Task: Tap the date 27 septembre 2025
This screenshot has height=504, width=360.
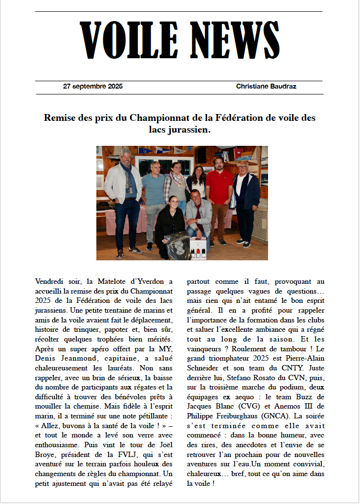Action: click(x=93, y=87)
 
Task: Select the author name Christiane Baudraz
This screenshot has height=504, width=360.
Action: click(x=266, y=87)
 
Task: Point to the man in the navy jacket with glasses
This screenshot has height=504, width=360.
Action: click(x=245, y=196)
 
